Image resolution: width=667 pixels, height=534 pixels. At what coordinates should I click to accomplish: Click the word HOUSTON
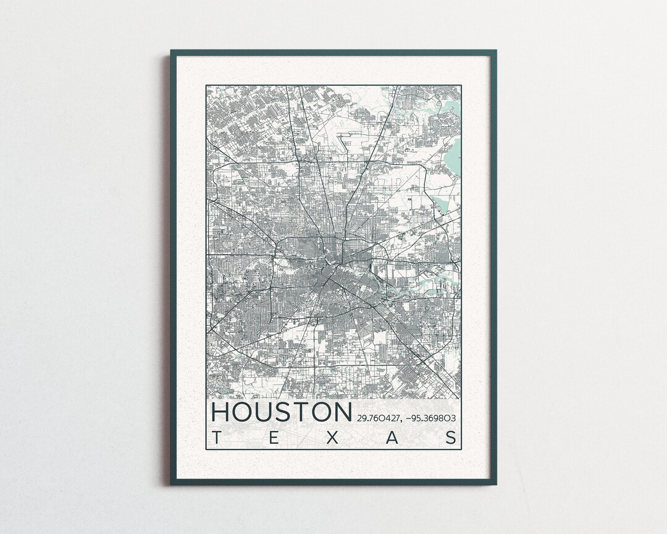282,412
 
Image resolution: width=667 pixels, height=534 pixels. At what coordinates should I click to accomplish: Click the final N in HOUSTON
341,412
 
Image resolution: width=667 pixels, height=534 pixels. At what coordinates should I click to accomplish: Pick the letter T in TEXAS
216,438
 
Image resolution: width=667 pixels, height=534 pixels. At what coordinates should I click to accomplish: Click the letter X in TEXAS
333,438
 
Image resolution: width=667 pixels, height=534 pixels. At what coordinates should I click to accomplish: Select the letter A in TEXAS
392,438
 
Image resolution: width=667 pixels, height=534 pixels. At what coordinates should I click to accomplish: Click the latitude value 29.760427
378,418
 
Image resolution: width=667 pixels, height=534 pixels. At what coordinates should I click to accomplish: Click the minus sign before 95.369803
408,418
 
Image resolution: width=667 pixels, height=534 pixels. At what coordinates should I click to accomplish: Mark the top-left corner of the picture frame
171,51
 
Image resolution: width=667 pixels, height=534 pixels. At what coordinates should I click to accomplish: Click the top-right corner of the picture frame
495,51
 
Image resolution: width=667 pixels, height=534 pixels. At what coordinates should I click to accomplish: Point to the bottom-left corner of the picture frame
171,484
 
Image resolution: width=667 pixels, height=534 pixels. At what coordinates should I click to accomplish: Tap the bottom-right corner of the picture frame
495,484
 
